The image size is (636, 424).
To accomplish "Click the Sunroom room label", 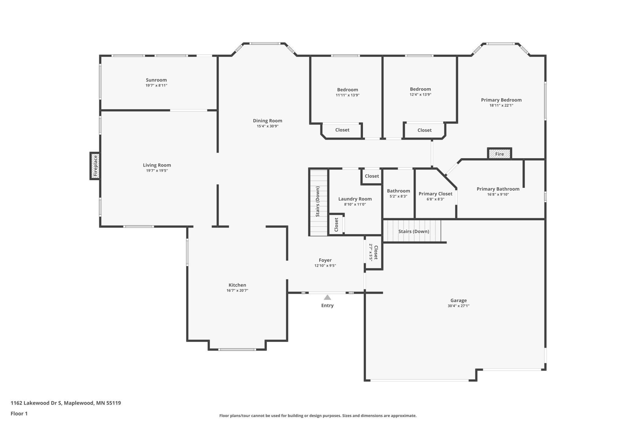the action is coord(156,80).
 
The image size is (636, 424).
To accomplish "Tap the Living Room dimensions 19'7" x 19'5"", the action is coord(157,171).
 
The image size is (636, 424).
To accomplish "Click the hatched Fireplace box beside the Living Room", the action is coord(95,166).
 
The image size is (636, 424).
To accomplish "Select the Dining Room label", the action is coord(268,121).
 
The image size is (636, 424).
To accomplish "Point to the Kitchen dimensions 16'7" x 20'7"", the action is coord(237,291).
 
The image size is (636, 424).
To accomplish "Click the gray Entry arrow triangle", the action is coord(327,297).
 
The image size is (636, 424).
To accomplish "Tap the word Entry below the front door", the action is coord(327,306).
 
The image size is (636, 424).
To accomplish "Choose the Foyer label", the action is coord(325,260).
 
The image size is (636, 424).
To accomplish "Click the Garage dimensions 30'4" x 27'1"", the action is coord(458,306).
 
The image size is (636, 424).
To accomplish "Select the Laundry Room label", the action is coord(355,199).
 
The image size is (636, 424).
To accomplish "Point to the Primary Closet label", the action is coord(435,194).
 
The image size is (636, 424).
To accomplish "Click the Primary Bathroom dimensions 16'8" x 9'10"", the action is coord(498,195).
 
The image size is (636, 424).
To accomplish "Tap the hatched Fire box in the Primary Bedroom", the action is coord(499,154).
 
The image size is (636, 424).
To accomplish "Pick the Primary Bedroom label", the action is coord(501,100).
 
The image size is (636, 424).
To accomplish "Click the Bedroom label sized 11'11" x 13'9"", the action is coord(348,90).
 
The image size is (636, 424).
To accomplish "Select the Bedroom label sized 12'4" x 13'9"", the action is coord(420,89).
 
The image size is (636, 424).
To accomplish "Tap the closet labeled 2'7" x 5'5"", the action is coord(374,252).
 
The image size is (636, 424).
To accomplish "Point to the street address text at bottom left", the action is coord(66,403).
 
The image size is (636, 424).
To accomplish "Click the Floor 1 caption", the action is coord(19,414).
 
